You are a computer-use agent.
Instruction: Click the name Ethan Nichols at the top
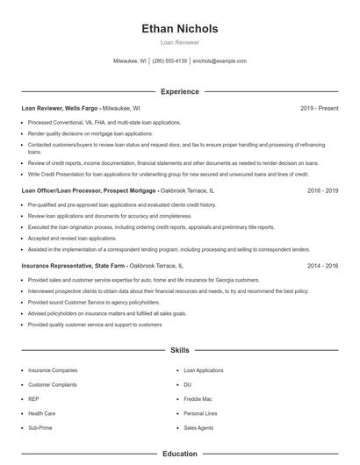pyautogui.click(x=179, y=29)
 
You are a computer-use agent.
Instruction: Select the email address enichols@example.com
pyautogui.click(x=220, y=61)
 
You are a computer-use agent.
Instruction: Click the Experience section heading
pyautogui.click(x=179, y=91)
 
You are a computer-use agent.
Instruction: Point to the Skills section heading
pyautogui.click(x=179, y=350)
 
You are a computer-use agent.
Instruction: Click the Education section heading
pyautogui.click(x=179, y=454)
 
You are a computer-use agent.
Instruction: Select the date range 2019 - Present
pyautogui.click(x=319, y=108)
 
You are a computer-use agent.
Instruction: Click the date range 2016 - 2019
pyautogui.click(x=322, y=190)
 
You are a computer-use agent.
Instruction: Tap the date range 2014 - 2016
pyautogui.click(x=322, y=265)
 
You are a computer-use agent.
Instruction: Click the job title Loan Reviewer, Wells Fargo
pyautogui.click(x=61, y=108)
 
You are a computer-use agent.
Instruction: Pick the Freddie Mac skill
pyautogui.click(x=198, y=398)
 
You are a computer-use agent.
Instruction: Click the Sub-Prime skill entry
pyautogui.click(x=40, y=427)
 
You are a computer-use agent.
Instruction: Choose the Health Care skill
pyautogui.click(x=42, y=413)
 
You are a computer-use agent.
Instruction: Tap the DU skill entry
pyautogui.click(x=187, y=384)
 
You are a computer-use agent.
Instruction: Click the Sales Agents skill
pyautogui.click(x=198, y=427)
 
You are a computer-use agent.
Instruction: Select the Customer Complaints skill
pyautogui.click(x=52, y=384)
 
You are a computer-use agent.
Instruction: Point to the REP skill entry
pyautogui.click(x=34, y=398)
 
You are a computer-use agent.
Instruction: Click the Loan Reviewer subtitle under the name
pyautogui.click(x=179, y=42)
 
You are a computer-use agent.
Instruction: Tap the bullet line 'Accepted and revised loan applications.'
pyautogui.click(x=72, y=238)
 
